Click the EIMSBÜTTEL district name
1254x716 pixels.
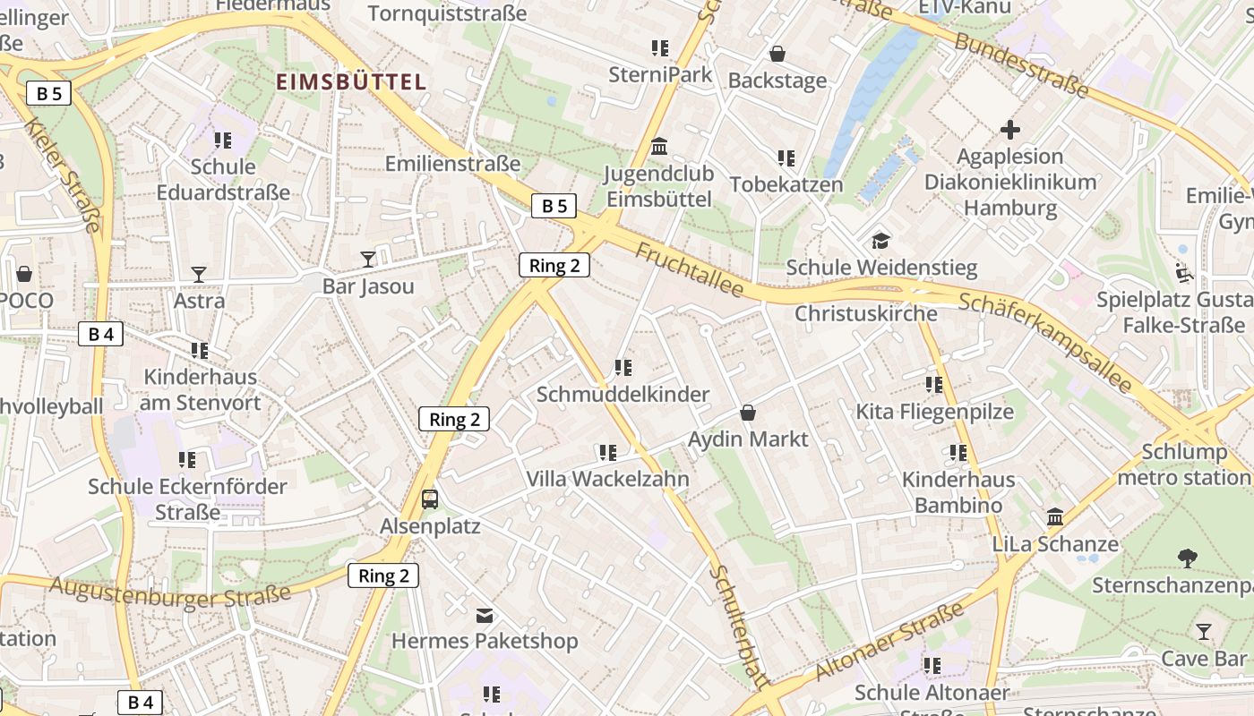pos(350,82)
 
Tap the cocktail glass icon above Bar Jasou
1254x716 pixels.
pos(368,260)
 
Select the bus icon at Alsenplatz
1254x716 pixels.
pos(430,499)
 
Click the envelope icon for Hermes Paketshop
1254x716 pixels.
pos(485,615)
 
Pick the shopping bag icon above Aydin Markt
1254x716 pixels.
pos(748,413)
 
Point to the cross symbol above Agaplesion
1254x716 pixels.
pos(1010,130)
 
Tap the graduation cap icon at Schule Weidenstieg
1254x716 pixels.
pos(881,241)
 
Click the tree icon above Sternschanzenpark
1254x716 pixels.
pos(1188,558)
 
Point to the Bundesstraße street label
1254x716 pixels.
pos(1021,65)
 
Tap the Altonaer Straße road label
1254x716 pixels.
pos(890,641)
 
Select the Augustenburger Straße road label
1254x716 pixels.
pos(170,592)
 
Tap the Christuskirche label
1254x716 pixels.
pos(866,313)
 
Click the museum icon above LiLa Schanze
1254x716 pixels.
pos(1055,517)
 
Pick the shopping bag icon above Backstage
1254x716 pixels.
pos(777,54)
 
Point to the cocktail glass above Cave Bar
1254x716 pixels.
pos(1204,632)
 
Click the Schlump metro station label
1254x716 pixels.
pos(1184,464)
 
